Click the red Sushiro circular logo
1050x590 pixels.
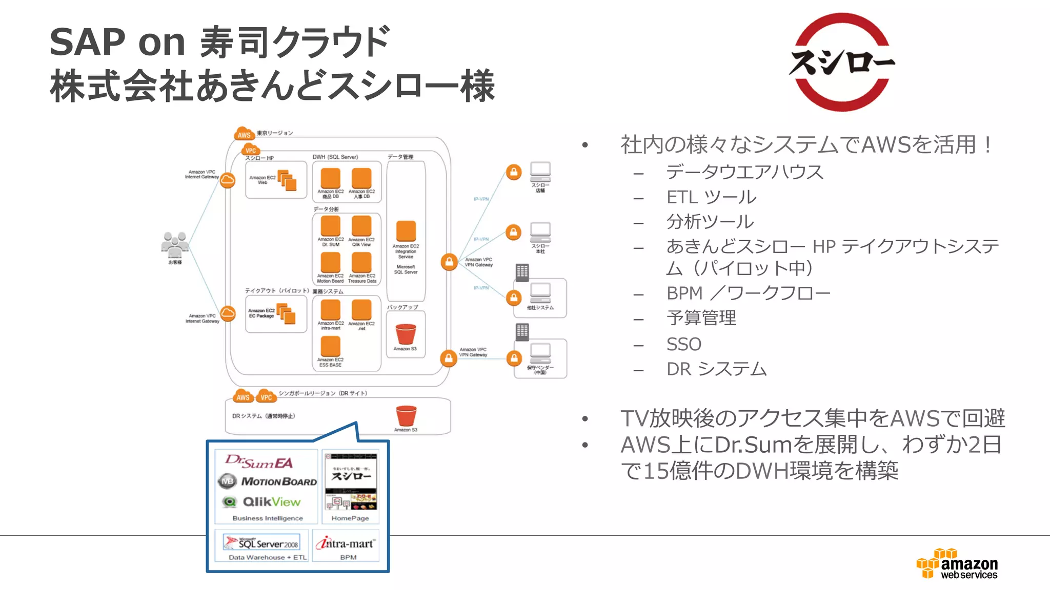coord(841,62)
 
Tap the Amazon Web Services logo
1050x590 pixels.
coord(957,564)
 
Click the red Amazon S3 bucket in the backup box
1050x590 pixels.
coord(406,334)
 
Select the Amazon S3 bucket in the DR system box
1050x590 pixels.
coord(406,415)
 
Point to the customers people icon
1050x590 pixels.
coord(174,245)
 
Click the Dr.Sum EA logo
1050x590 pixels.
coord(259,461)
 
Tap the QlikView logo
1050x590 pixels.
coord(262,502)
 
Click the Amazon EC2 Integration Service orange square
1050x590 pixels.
coord(406,231)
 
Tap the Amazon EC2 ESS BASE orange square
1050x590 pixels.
coord(330,347)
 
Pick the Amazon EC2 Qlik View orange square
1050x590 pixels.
coord(361,226)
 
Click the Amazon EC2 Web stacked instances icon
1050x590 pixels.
coord(287,180)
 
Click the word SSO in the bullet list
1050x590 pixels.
coord(683,344)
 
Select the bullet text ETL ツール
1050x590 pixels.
coord(711,197)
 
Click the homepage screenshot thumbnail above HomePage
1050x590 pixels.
coord(351,481)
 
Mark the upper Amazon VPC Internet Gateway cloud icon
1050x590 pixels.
coord(228,180)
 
